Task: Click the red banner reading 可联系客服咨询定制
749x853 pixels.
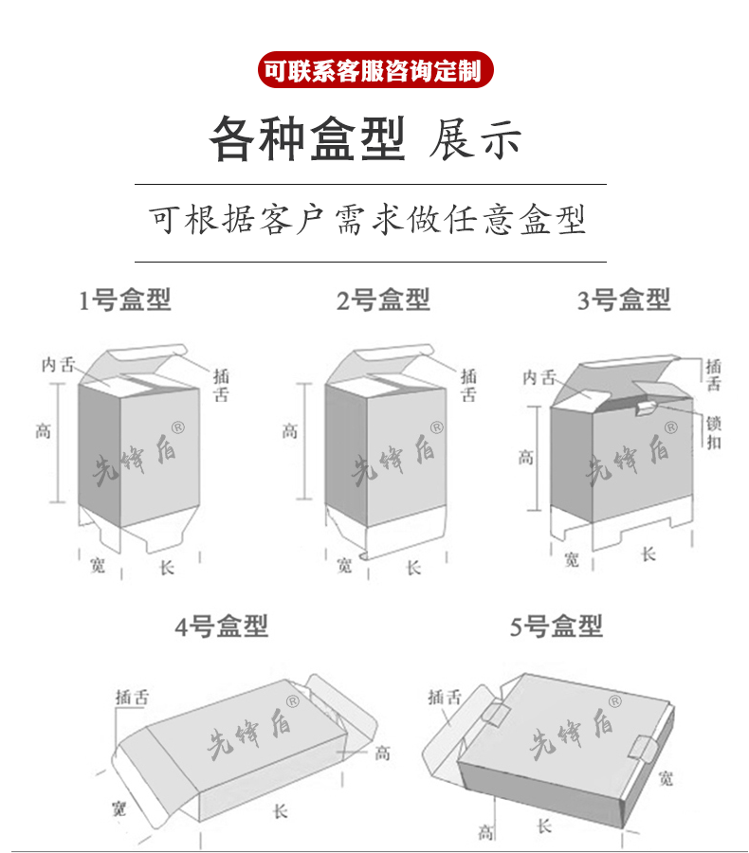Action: [374, 70]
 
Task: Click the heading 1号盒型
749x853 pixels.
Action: [124, 301]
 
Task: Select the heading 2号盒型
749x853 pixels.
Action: [383, 301]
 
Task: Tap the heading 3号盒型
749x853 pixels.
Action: [624, 301]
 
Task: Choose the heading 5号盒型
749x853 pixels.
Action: [557, 626]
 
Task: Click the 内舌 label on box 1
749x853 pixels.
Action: [58, 364]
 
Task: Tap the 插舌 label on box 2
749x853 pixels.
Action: [468, 385]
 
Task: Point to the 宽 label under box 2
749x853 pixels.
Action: [344, 566]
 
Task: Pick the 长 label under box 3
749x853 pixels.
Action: [648, 554]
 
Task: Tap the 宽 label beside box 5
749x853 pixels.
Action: [667, 778]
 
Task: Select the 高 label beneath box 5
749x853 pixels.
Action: [485, 832]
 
